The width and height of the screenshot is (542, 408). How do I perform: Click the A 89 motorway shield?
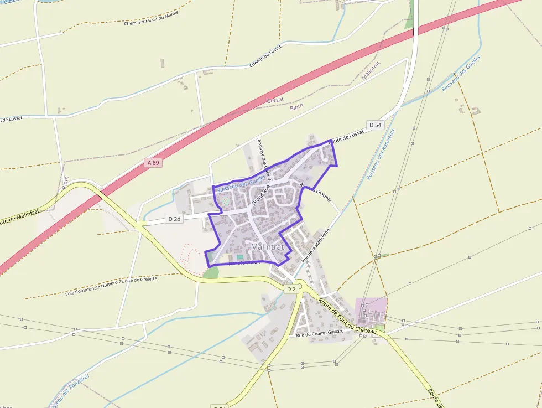[x=154, y=163]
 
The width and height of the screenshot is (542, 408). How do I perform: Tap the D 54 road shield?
[x=375, y=125]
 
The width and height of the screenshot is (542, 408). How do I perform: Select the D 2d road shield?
[x=174, y=219]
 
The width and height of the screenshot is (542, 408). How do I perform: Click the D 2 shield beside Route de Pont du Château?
[x=291, y=288]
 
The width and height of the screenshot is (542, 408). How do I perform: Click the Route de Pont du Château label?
[x=347, y=316]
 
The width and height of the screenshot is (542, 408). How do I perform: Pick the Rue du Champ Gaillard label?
[x=320, y=333]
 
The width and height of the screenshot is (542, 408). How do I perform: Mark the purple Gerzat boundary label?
[x=275, y=100]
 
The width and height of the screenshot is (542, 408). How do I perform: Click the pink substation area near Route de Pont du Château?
[x=371, y=312]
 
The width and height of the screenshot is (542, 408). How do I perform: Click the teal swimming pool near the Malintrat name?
[x=240, y=257]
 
